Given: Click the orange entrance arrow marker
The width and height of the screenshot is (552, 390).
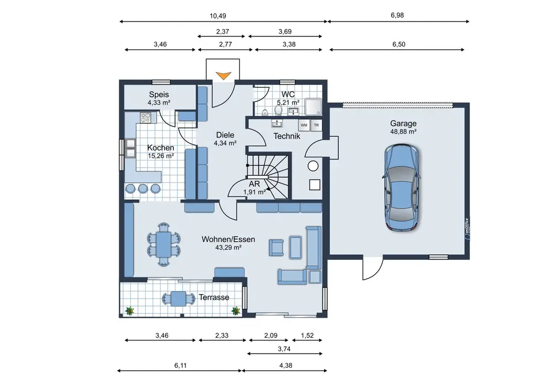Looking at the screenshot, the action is (224, 76).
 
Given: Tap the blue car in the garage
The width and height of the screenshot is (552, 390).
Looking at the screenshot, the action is (402, 188).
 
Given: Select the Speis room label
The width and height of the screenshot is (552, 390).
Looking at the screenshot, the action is (159, 94).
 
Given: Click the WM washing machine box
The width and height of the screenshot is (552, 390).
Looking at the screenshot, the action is (304, 125).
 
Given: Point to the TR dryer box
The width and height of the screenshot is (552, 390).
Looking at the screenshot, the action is (316, 125).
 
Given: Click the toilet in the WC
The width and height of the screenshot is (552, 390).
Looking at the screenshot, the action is (278, 110).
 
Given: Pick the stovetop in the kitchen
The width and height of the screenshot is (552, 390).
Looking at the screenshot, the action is (146, 117).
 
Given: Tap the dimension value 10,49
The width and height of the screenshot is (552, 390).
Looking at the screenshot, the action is (217, 16).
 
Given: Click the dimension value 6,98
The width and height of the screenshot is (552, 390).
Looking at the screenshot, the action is (397, 15).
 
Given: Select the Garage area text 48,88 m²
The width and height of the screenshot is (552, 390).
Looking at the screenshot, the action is (403, 131).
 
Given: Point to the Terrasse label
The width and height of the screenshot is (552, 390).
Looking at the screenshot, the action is (214, 297).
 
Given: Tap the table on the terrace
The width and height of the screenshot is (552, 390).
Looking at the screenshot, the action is (178, 298).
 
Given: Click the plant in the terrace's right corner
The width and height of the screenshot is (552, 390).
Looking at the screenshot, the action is (236, 311).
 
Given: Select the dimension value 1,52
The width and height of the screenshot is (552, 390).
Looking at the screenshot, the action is (307, 335).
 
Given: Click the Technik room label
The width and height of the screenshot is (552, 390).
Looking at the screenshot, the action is (286, 136).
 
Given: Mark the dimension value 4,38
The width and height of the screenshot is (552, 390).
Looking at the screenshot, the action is (285, 365).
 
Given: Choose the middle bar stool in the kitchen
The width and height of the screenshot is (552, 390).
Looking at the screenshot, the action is (143, 189).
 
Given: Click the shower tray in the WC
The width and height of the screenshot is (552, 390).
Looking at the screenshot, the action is (314, 107).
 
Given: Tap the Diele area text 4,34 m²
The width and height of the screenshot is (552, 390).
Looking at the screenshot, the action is (225, 143).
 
